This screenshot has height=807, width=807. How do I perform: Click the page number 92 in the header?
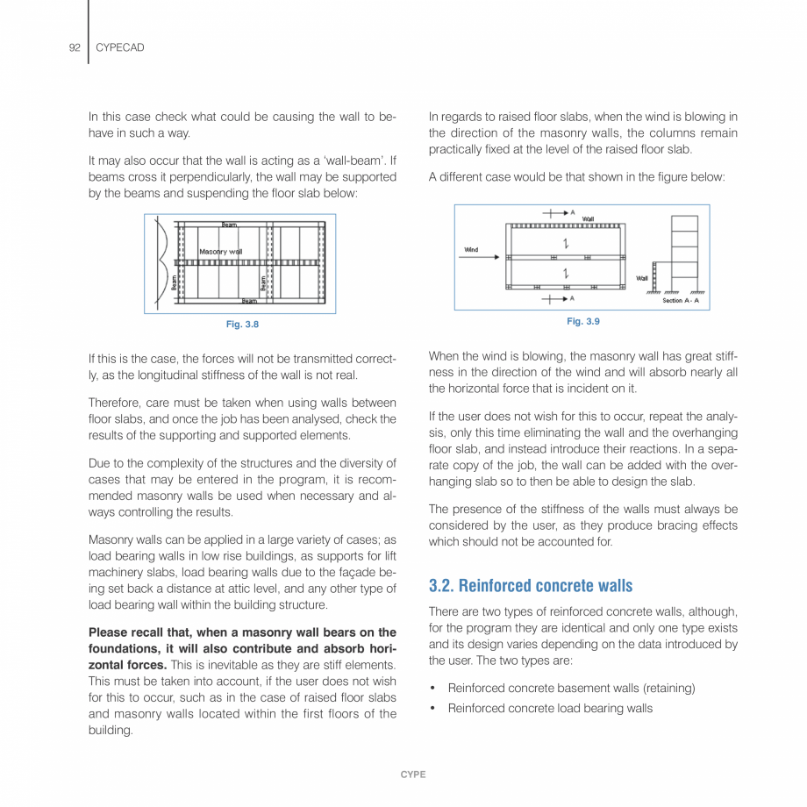coord(74,47)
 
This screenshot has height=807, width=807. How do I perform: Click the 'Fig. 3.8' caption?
coord(242,325)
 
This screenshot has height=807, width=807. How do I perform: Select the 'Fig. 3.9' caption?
coord(582,322)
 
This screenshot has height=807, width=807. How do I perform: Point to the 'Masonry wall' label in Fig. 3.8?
coord(220,252)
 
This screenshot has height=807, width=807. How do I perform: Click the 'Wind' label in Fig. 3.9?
coord(471,250)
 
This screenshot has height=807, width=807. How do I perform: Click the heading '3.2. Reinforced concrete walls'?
coord(531,585)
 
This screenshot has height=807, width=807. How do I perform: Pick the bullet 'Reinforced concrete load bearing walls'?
coord(550,708)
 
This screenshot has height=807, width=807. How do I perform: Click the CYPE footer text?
coord(413,775)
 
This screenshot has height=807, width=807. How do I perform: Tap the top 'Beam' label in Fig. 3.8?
coord(228,225)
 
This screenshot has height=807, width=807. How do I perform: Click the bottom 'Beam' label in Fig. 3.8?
coord(249,301)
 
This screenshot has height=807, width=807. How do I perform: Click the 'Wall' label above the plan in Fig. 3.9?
coord(589,218)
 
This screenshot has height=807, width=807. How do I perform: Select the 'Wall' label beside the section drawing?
coord(641,278)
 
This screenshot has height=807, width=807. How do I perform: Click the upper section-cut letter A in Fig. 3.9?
coord(573,212)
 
